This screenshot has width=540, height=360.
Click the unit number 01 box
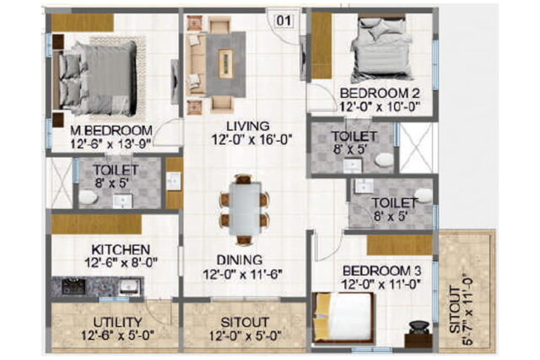[x=283, y=20]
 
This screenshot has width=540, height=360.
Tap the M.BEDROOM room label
[x=111, y=131]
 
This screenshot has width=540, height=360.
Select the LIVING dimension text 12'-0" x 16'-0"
[x=251, y=140]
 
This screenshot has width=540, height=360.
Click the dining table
[x=245, y=208]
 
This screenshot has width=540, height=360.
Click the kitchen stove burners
[x=73, y=287]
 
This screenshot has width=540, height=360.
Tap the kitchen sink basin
[x=130, y=287]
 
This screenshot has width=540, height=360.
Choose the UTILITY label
[x=117, y=322]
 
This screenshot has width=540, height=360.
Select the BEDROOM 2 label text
[x=380, y=94]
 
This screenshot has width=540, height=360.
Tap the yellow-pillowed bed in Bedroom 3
[x=343, y=317]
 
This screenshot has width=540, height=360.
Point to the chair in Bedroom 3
[x=420, y=328]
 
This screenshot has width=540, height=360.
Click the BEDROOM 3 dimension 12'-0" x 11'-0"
[x=381, y=285]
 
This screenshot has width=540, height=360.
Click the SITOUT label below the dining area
[x=245, y=322]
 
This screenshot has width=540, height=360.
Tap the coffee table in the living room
[x=225, y=62]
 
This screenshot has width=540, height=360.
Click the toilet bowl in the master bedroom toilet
[x=88, y=197]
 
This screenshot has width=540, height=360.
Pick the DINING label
[x=240, y=260]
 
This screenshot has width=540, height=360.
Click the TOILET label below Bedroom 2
[x=354, y=137]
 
